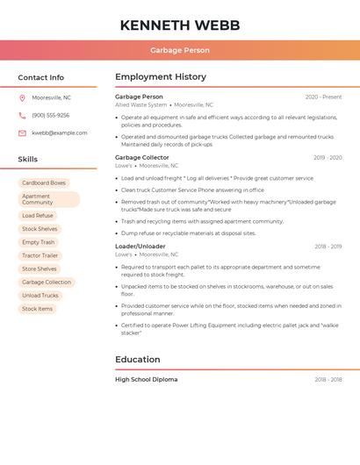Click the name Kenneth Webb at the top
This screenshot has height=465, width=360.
tap(180, 25)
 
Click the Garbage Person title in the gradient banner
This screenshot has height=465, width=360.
tap(180, 50)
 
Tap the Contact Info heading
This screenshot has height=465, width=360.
tap(41, 77)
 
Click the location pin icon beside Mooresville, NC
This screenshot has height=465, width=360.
tap(22, 97)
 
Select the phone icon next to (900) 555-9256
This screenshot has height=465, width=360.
tap(22, 115)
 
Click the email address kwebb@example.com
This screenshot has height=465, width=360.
tap(60, 132)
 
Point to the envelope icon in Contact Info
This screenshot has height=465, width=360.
tap(22, 132)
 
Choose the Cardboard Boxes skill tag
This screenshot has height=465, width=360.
tap(44, 183)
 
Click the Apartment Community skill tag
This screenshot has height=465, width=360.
tap(48, 199)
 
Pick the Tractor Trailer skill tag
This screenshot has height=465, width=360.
tap(40, 255)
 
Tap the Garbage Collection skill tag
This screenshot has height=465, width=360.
tap(47, 283)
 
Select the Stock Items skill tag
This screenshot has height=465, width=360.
tap(38, 309)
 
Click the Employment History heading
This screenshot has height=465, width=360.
tap(161, 76)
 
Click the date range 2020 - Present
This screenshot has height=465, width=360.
tap(323, 97)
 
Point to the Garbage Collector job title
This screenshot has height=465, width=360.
tap(142, 157)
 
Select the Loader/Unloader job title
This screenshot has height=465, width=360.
tap(140, 247)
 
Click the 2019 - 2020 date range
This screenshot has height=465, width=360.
tap(328, 158)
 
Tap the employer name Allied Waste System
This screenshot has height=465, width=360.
tap(141, 104)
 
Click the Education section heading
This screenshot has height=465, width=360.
tap(138, 359)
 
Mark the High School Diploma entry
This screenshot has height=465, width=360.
tap(147, 380)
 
